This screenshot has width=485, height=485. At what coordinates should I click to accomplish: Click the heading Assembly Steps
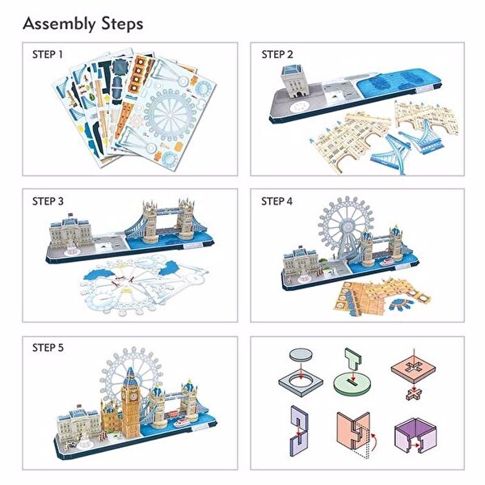click(x=83, y=23)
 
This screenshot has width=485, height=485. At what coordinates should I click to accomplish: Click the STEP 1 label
click(x=48, y=55)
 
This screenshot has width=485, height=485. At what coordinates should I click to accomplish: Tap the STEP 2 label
click(x=277, y=55)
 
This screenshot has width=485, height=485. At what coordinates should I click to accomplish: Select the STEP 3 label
click(x=48, y=201)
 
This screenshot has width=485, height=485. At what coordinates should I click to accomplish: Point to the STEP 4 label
click(x=277, y=201)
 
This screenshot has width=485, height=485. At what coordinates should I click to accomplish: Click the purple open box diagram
click(x=420, y=438)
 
